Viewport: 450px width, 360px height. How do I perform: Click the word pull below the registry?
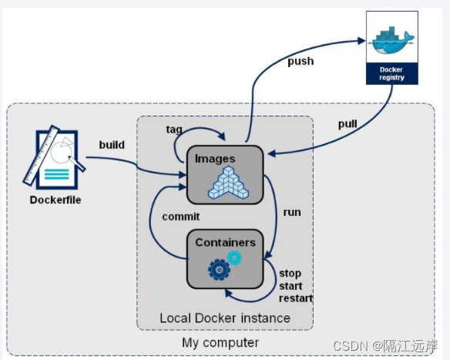[x=348, y=124]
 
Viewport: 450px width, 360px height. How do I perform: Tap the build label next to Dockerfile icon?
[x=112, y=144]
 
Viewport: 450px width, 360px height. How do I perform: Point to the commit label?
[x=181, y=217]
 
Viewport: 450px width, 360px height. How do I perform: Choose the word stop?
[x=290, y=274]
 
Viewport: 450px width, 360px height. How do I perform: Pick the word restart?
[x=296, y=298]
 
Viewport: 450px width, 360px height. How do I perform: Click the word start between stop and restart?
[x=291, y=286]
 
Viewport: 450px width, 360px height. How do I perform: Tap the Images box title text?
[x=215, y=159]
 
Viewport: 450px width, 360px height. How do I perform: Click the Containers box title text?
[x=225, y=242]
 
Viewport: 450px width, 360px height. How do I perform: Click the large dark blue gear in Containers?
[x=219, y=269]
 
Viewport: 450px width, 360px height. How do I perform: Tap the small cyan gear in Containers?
[x=234, y=258]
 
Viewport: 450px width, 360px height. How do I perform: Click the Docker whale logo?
[x=392, y=41]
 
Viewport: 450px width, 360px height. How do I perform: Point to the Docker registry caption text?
[x=391, y=72]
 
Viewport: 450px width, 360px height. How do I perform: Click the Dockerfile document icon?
[x=55, y=160]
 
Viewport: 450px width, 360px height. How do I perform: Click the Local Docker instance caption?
[x=225, y=318]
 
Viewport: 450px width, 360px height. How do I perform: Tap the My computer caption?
[x=220, y=342]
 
